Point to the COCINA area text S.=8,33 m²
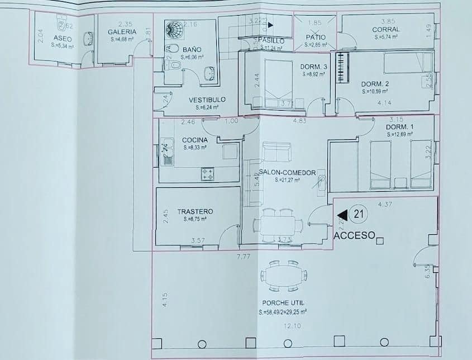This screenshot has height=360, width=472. click(195, 148)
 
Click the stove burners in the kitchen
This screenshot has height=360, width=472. click(208, 174)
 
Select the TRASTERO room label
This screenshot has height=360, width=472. click(195, 211)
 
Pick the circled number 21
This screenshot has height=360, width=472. click(359, 214)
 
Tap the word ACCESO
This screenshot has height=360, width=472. click(354, 236)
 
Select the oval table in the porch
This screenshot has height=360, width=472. click(283, 276)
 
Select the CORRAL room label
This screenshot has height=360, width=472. click(386, 29)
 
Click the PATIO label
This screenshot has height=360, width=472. click(315, 37)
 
